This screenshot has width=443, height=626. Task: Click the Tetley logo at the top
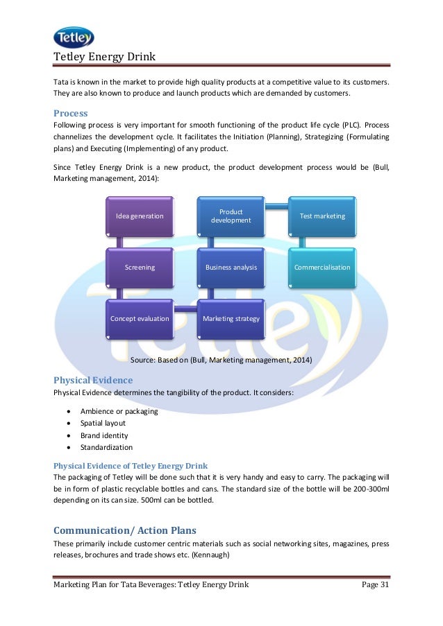click(x=73, y=37)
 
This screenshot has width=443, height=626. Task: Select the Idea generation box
click(x=140, y=216)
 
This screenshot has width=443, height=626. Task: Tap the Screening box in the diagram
click(x=140, y=267)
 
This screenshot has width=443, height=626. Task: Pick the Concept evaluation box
click(x=140, y=318)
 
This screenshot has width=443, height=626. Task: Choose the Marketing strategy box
click(x=231, y=318)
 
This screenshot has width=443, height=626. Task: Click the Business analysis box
click(x=231, y=267)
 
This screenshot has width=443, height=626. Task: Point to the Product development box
click(x=231, y=216)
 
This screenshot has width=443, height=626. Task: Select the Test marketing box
click(x=322, y=216)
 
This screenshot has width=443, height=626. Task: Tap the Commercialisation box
click(x=322, y=267)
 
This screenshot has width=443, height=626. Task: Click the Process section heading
click(x=70, y=112)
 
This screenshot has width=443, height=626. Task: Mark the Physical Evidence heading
click(x=93, y=380)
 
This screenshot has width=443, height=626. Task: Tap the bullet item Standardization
click(x=106, y=447)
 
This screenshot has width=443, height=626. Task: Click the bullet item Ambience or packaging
click(x=119, y=411)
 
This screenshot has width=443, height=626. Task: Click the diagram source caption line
click(x=221, y=360)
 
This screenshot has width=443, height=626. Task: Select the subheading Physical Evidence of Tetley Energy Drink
click(x=131, y=465)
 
